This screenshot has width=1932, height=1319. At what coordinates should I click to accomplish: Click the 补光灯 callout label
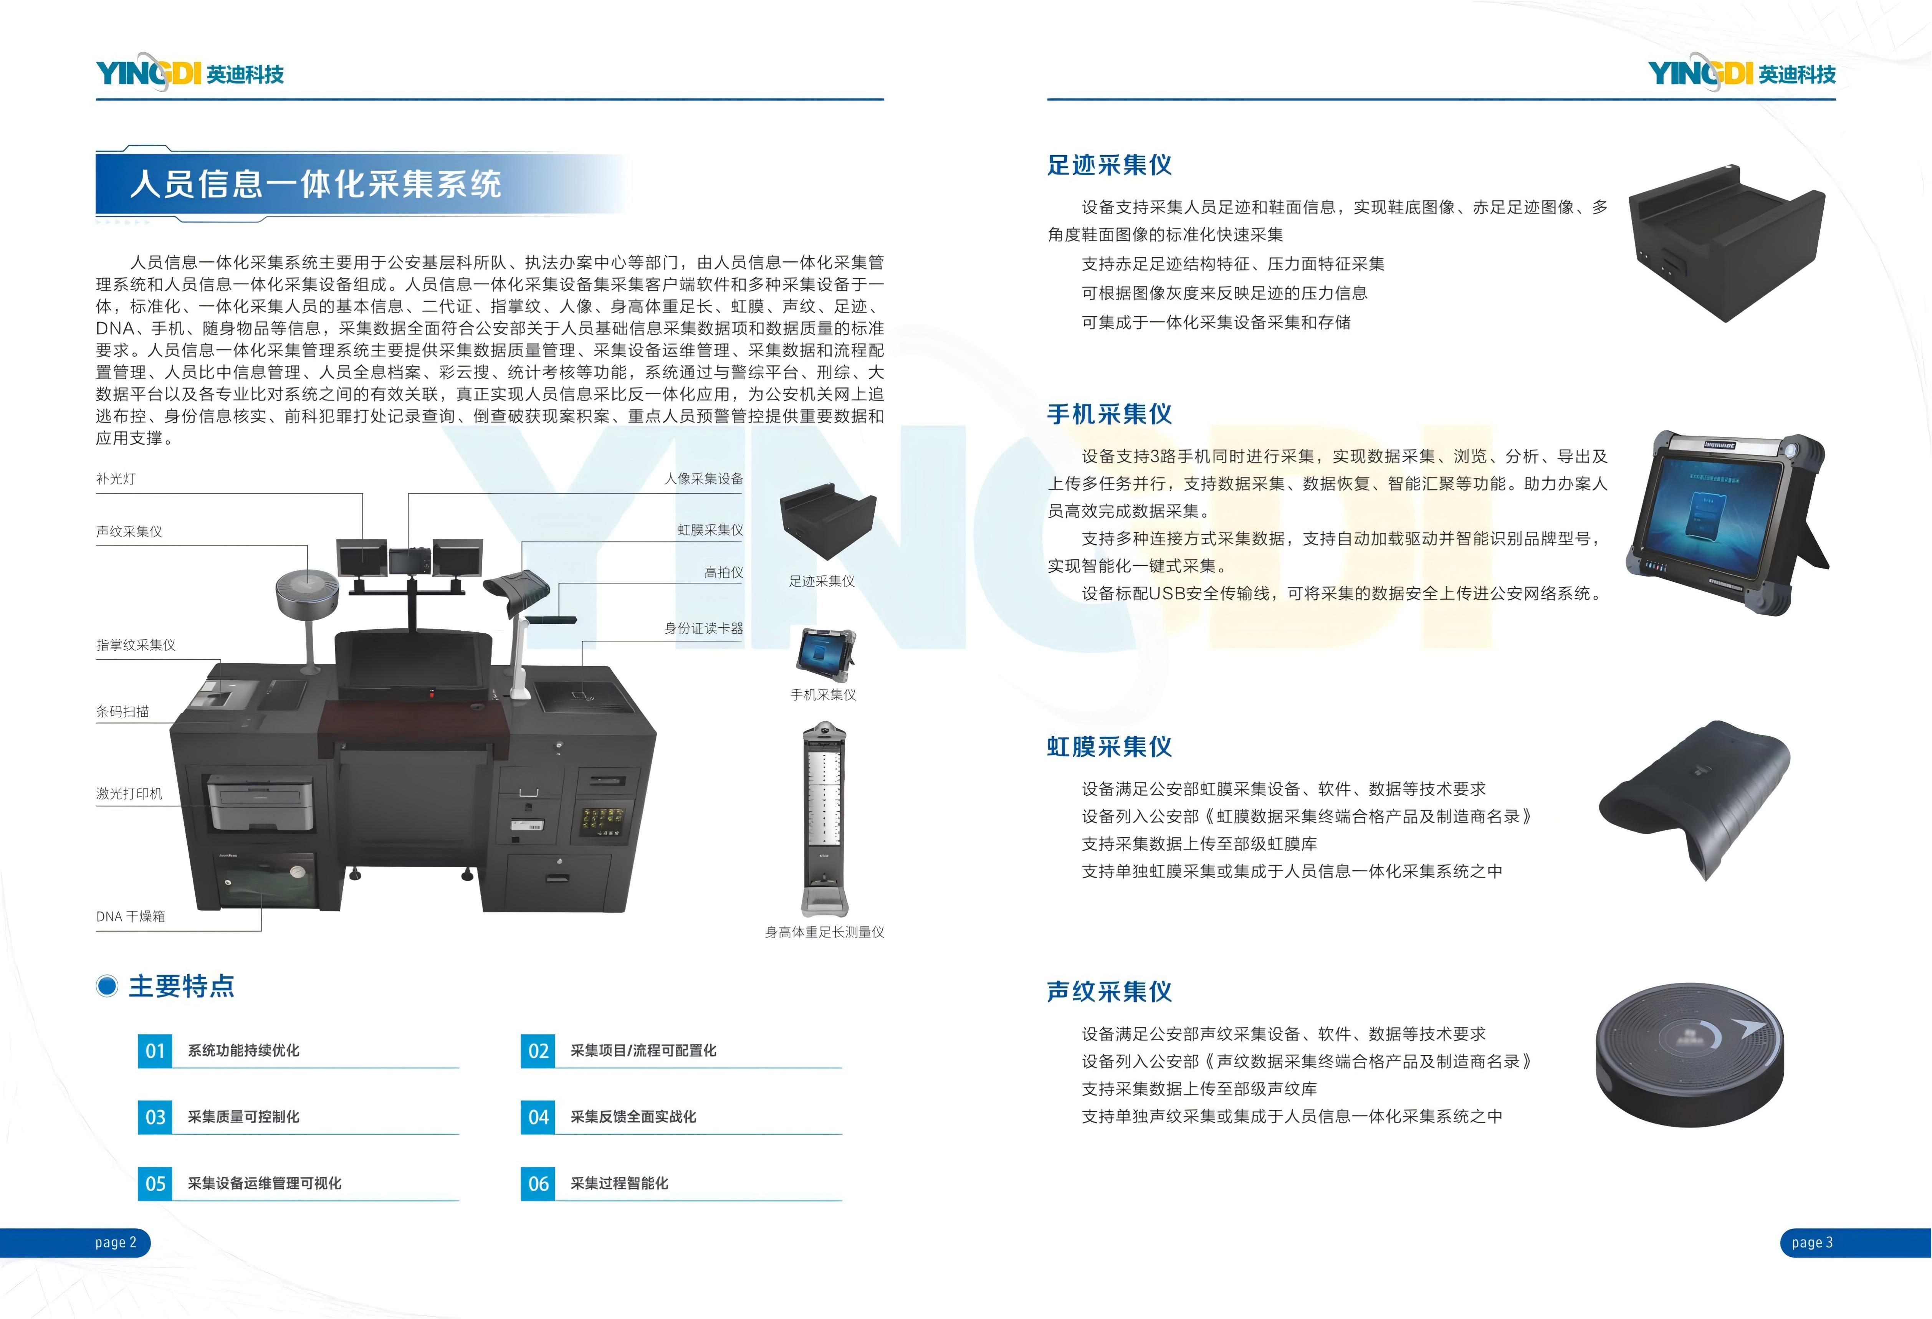(116, 479)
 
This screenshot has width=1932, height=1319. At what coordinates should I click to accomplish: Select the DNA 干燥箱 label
(131, 916)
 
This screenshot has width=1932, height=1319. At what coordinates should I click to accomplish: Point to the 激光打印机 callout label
(129, 794)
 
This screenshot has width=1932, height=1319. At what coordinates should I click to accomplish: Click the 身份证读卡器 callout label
(703, 628)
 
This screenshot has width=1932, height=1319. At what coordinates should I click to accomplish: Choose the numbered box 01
(155, 1051)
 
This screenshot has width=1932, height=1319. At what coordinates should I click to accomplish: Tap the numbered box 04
(538, 1117)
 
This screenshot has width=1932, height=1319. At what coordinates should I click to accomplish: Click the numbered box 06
(538, 1183)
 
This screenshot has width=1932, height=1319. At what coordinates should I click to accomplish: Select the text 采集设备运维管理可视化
(265, 1183)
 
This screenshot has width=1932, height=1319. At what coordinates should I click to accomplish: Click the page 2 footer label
(116, 1243)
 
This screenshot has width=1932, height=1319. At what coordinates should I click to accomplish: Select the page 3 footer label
(1812, 1243)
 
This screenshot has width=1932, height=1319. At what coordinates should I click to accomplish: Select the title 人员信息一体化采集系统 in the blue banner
(316, 183)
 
